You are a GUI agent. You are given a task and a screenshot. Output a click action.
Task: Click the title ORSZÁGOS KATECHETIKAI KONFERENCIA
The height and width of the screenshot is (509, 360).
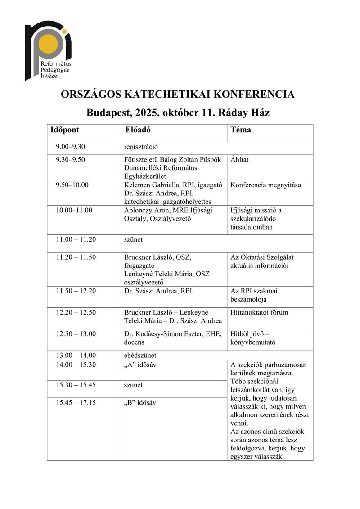(178, 95)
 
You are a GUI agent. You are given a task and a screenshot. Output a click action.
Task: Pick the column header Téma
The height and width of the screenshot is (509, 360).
(241, 130)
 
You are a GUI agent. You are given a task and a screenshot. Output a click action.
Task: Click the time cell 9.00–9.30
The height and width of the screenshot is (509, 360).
(71, 147)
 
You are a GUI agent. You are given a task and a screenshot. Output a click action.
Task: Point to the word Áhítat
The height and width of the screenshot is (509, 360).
(239, 159)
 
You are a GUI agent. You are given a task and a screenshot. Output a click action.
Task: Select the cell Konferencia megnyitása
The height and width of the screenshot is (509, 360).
(265, 185)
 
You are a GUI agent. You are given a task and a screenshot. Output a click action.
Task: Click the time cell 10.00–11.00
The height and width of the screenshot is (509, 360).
(74, 210)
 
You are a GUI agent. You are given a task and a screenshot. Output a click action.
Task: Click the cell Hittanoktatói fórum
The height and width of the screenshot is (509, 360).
(259, 312)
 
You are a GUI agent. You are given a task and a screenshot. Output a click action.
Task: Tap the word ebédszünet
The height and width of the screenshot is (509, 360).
(140, 355)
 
